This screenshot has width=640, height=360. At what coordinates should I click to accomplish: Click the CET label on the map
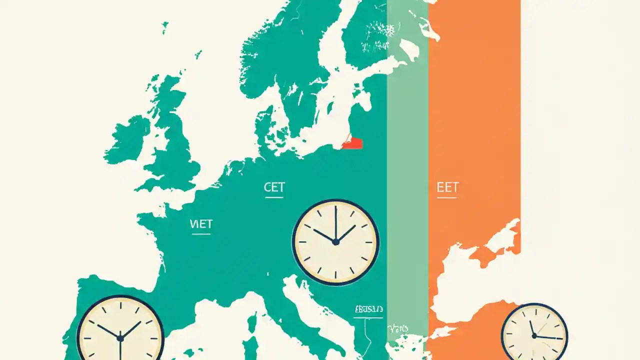click(274, 187)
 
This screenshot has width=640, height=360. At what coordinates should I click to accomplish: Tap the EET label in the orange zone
click(447, 187)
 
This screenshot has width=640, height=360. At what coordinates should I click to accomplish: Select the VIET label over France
click(201, 224)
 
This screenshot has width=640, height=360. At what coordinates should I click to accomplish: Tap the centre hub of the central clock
click(335, 242)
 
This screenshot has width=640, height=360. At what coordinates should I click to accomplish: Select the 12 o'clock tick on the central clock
click(335, 209)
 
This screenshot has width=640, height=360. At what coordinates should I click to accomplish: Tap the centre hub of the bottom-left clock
click(120, 338)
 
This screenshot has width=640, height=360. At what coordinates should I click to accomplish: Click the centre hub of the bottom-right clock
click(534, 336)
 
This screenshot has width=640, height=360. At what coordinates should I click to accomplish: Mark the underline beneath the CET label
click(274, 197)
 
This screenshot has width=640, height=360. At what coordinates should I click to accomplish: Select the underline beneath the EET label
click(447, 197)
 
